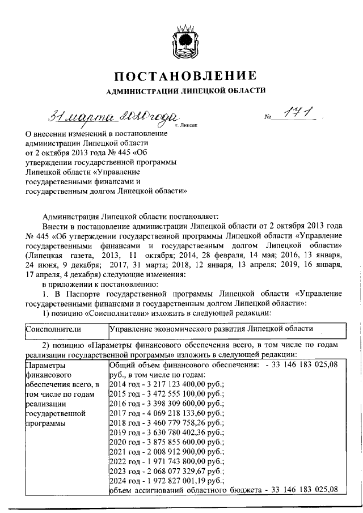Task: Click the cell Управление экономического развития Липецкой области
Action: point(210,329)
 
